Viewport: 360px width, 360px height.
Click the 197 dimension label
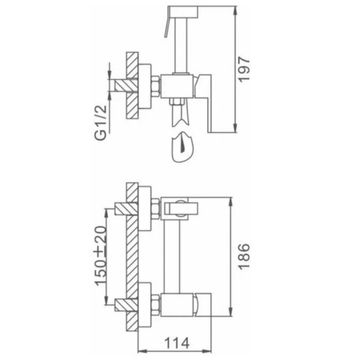pyautogui.click(x=244, y=69)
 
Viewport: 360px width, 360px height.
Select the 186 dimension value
pyautogui.click(x=244, y=256)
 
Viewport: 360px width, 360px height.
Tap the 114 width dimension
pyautogui.click(x=177, y=343)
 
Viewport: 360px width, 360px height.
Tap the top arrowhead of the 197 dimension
pyautogui.click(x=235, y=11)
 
